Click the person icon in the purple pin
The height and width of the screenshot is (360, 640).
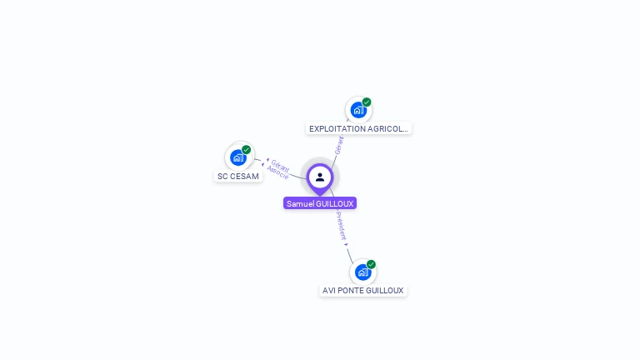pyautogui.click(x=320, y=177)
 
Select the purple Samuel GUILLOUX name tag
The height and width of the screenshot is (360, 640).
pyautogui.click(x=320, y=203)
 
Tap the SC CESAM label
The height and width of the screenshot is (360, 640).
pyautogui.click(x=238, y=177)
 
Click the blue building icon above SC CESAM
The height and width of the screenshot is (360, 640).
pyautogui.click(x=237, y=157)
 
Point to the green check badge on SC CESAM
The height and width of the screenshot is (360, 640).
pyautogui.click(x=247, y=150)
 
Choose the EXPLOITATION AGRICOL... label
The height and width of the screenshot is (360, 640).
pyautogui.click(x=358, y=129)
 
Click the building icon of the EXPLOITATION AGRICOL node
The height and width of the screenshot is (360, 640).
pyautogui.click(x=357, y=110)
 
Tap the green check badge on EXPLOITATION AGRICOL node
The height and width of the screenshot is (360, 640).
pyautogui.click(x=367, y=102)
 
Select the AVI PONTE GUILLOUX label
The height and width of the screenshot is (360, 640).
pyautogui.click(x=363, y=291)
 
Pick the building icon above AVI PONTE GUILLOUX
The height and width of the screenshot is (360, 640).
pyautogui.click(x=362, y=272)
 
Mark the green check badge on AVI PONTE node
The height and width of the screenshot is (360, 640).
pyautogui.click(x=371, y=264)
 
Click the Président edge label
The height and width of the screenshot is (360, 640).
pyautogui.click(x=341, y=226)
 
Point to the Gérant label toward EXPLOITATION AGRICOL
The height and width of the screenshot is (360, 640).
pyautogui.click(x=338, y=145)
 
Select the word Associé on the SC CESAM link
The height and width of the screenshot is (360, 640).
pyautogui.click(x=277, y=173)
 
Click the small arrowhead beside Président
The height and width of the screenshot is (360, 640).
pyautogui.click(x=347, y=244)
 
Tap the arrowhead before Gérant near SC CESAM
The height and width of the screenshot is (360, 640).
pyautogui.click(x=267, y=160)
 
